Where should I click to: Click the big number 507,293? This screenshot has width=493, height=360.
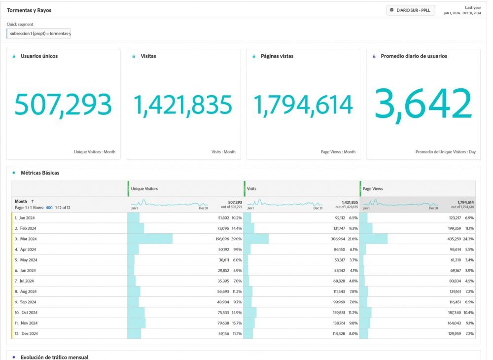click(x=63, y=105)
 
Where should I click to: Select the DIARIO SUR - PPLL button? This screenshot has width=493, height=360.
click(x=411, y=10)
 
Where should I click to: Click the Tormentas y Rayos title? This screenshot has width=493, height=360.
click(x=29, y=10)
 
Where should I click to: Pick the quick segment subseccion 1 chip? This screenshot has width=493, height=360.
click(x=38, y=34)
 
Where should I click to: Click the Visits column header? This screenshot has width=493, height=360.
click(x=251, y=189)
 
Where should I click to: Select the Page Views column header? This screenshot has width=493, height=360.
click(x=373, y=189)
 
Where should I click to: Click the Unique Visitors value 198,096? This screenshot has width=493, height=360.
click(x=222, y=239)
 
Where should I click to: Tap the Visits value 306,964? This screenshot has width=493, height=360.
click(x=338, y=239)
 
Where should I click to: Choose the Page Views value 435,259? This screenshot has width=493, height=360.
click(x=454, y=239)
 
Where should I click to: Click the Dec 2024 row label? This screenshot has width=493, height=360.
click(x=30, y=333)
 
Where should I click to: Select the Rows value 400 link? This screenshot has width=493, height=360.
click(x=49, y=208)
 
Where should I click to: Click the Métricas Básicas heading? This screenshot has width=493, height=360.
click(x=40, y=173)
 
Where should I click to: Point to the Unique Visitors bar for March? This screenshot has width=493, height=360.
click(x=150, y=239)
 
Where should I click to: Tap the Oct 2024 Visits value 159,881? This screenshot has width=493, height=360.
click(x=339, y=313)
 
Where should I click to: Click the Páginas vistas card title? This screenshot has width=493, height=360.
click(x=277, y=56)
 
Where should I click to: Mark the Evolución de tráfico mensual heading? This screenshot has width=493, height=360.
click(x=54, y=357)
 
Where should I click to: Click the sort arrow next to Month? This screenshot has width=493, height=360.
click(x=33, y=201)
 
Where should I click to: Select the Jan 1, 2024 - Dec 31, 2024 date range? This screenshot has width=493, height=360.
click(x=462, y=13)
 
